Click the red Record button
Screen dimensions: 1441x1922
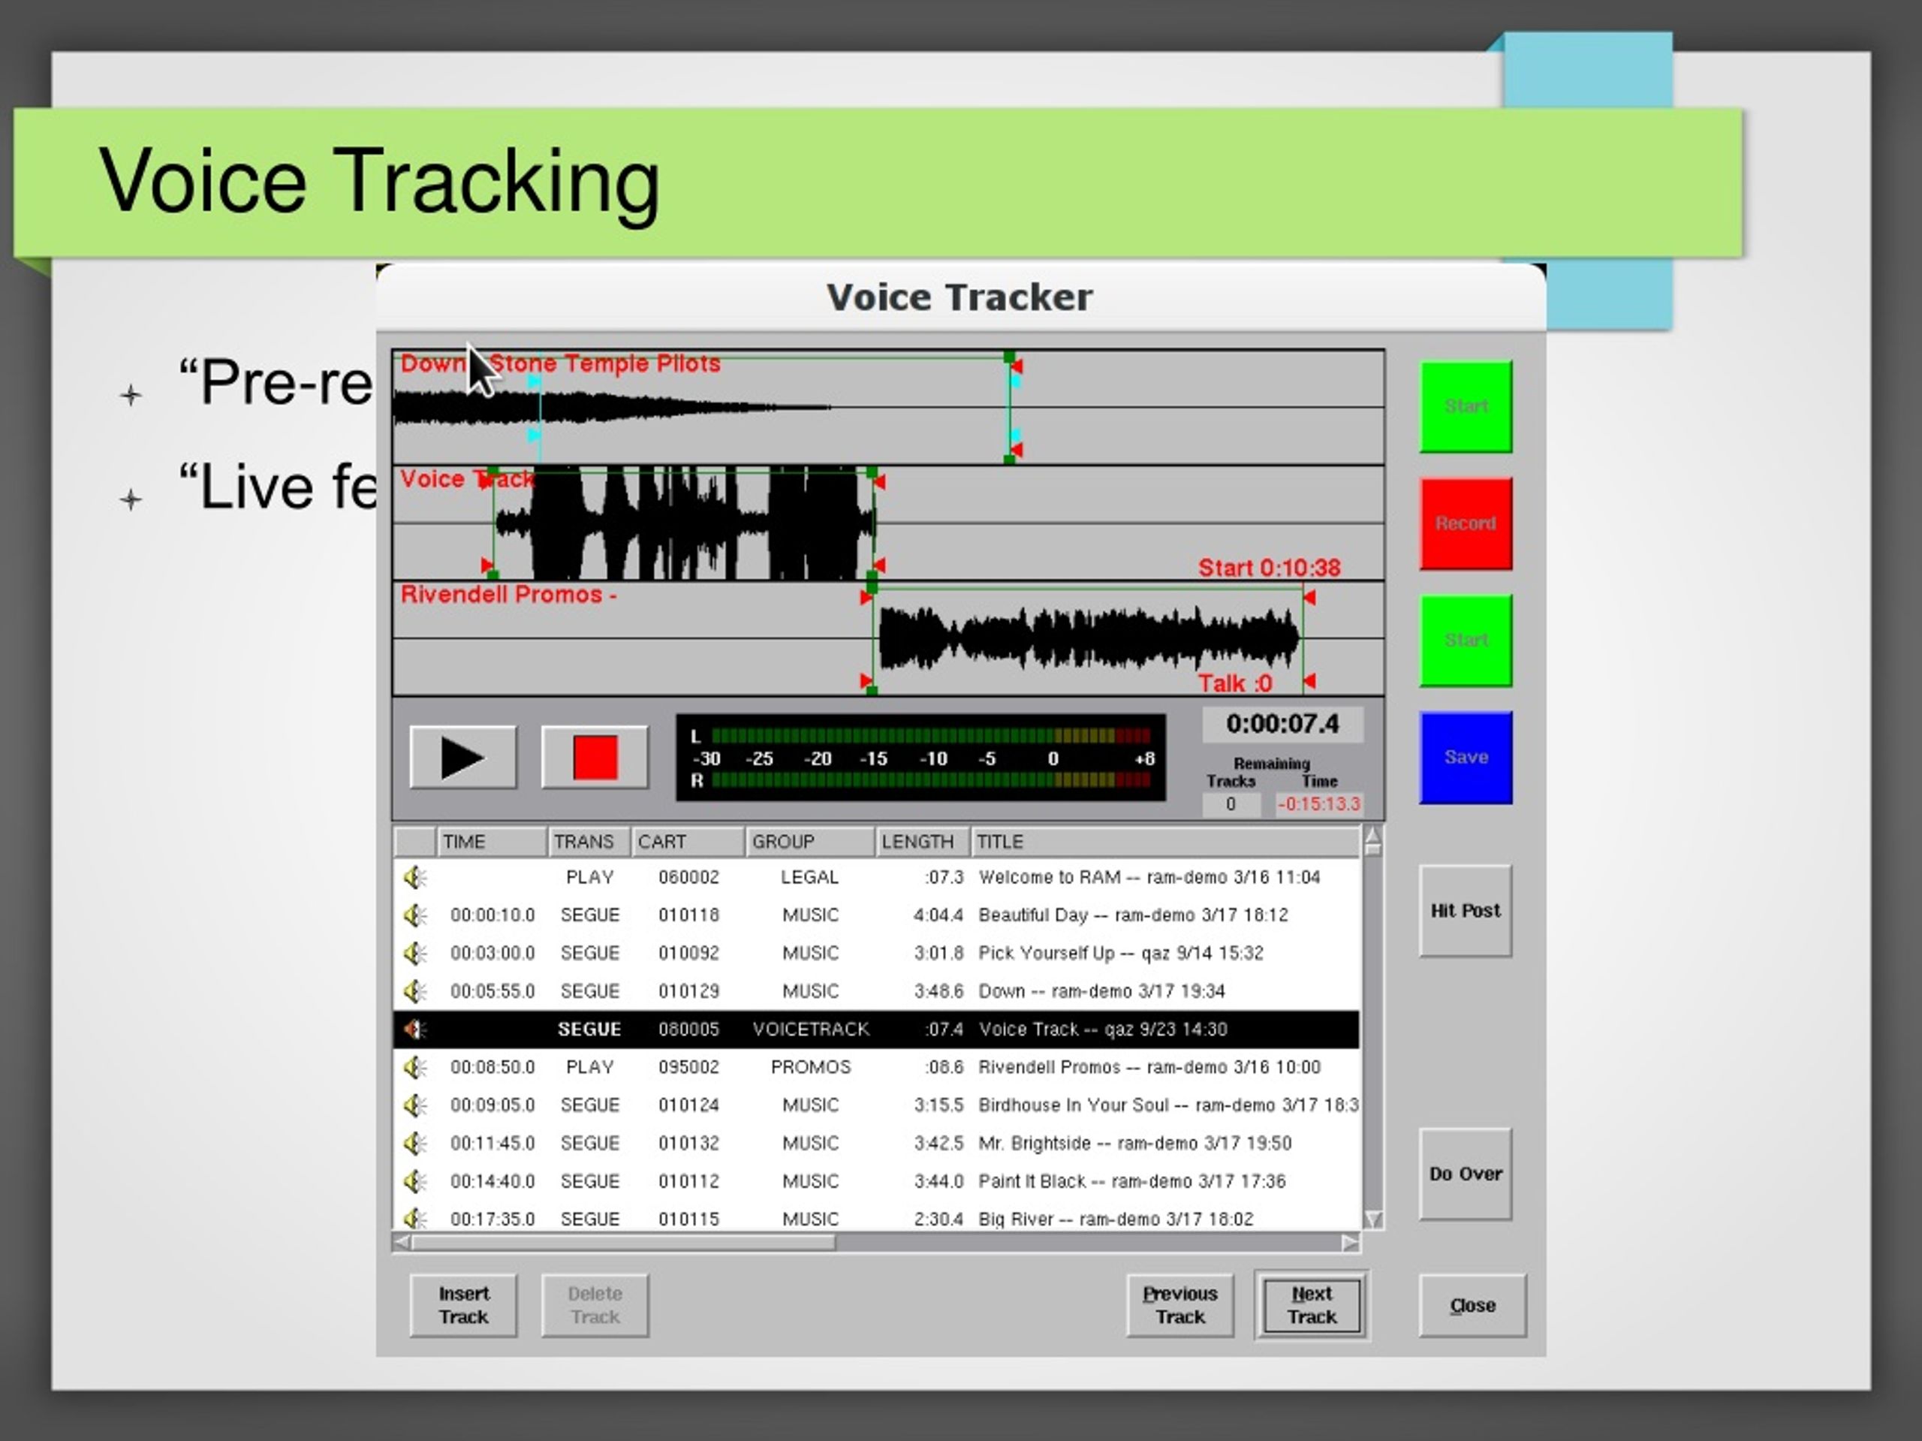[1465, 523]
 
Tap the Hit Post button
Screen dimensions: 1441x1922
[1465, 911]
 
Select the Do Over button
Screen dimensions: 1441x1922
[1465, 1174]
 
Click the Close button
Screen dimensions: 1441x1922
[1472, 1305]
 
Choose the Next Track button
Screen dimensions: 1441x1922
[1311, 1305]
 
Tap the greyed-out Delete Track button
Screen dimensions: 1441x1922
[595, 1305]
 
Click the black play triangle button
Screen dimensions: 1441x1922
[462, 758]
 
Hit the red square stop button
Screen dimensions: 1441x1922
[595, 758]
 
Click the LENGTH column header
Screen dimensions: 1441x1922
[918, 841]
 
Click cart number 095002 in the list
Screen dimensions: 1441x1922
[688, 1067]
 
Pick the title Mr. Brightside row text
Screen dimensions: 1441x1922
[1134, 1144]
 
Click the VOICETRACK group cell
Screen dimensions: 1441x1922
[810, 1029]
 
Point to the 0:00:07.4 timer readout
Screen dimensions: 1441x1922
[1282, 724]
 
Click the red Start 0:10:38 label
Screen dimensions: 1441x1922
[1269, 568]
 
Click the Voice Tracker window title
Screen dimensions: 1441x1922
[959, 297]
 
